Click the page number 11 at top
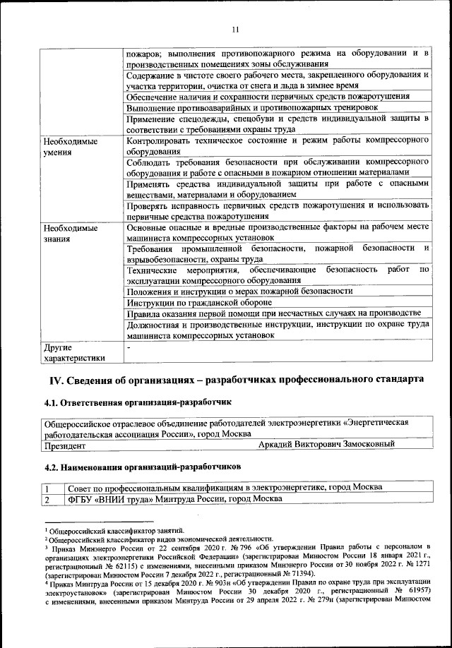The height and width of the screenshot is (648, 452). (236, 29)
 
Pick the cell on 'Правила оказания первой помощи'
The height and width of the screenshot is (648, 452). (273, 313)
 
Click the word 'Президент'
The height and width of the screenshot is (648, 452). (66, 444)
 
